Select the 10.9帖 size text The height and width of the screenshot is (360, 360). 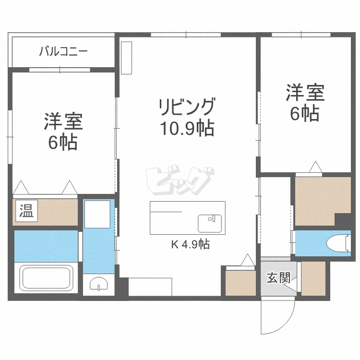click(187, 129)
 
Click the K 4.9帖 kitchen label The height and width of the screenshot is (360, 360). click(190, 244)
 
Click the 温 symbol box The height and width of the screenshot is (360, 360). click(26, 211)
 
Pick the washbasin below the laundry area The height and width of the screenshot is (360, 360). click(97, 286)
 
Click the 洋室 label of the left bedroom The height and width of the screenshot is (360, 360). click(64, 122)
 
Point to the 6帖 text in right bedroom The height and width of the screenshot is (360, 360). click(305, 114)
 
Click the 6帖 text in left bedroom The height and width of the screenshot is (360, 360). click(63, 143)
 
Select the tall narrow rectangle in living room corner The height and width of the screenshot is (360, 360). click(126, 58)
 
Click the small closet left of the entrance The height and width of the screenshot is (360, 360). click(240, 283)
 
